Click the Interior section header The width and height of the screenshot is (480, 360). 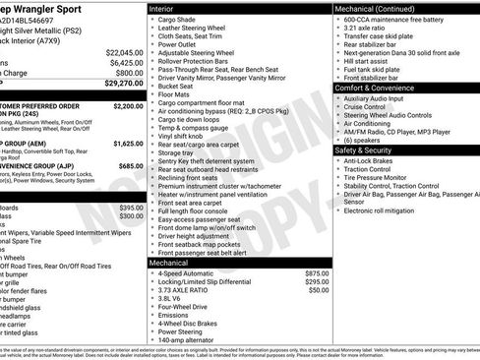tap(163, 7)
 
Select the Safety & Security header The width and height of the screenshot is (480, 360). tap(368, 150)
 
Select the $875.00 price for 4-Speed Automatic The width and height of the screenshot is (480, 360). tap(317, 273)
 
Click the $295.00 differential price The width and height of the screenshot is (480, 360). tap(317, 282)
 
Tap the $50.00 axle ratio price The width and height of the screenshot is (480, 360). tap(319, 291)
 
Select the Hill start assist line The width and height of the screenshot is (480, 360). tap(369, 60)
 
